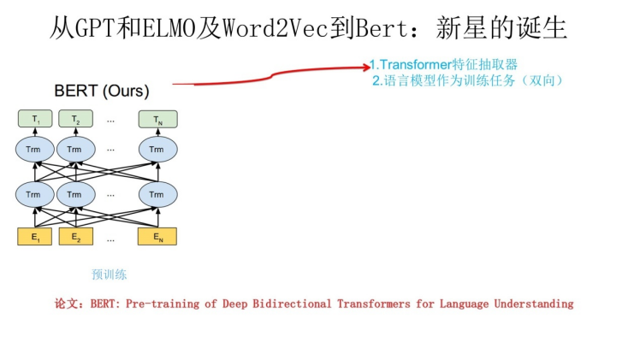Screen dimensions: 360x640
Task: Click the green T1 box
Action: click(x=35, y=120)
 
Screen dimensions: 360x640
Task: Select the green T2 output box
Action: click(x=75, y=120)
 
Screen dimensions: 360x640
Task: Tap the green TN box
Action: click(x=157, y=120)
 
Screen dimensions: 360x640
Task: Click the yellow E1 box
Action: click(x=35, y=236)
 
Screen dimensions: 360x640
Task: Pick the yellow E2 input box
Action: click(x=75, y=236)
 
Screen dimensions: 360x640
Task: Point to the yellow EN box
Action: click(x=157, y=236)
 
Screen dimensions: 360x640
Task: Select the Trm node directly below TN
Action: click(x=157, y=150)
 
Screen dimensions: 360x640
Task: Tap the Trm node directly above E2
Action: click(x=75, y=195)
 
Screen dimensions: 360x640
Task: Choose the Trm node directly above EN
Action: click(x=157, y=195)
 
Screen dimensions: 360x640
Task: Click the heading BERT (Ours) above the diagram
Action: click(x=101, y=91)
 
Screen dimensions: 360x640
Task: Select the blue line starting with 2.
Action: click(x=467, y=80)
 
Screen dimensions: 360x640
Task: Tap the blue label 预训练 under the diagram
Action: click(x=110, y=274)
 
